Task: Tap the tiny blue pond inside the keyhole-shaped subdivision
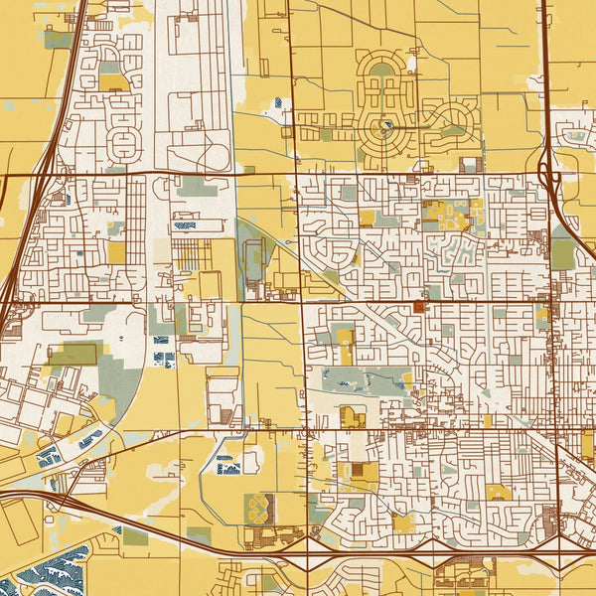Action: tap(385, 125)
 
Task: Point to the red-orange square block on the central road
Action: tap(418, 308)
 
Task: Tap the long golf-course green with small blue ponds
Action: tap(363, 380)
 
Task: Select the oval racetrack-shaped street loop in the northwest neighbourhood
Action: tap(123, 145)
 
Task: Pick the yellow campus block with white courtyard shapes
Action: tap(447, 213)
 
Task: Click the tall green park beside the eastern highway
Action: tap(562, 248)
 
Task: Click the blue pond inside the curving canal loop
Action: tap(226, 462)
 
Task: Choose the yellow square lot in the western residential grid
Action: tap(116, 252)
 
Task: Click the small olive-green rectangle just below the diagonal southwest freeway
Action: tap(135, 536)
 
